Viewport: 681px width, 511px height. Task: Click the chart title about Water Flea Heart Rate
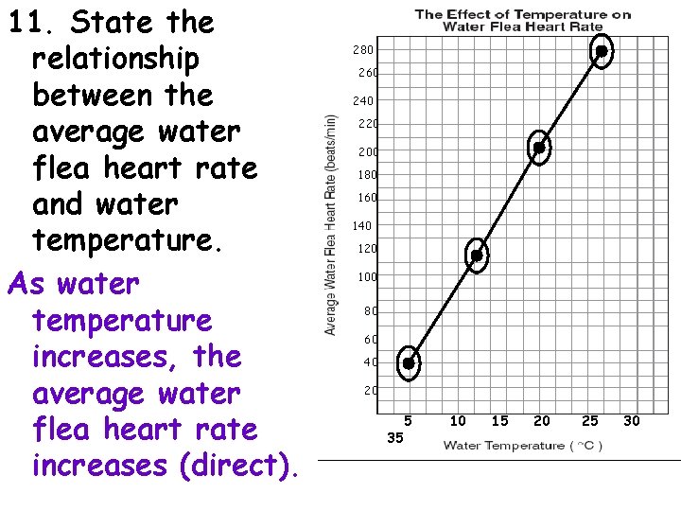pos(523,20)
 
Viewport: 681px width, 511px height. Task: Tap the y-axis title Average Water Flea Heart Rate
pos(331,224)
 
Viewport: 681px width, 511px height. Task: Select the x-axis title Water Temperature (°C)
pos(523,445)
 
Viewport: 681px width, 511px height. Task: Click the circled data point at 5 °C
pos(409,362)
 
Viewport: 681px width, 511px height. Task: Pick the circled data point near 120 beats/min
pos(478,255)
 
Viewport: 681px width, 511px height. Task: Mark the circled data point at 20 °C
pos(539,147)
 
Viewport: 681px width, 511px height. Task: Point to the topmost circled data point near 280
pos(601,51)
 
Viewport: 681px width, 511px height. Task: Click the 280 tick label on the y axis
pos(363,49)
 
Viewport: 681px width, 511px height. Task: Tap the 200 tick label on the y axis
pos(367,151)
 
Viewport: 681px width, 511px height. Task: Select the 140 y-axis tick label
pos(363,226)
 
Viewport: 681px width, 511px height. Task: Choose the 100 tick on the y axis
pos(367,277)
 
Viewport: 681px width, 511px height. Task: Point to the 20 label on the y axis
pos(371,390)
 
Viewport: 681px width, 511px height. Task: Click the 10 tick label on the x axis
pos(458,420)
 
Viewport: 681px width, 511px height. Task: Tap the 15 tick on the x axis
pos(499,420)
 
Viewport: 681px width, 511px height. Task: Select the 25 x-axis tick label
pos(590,420)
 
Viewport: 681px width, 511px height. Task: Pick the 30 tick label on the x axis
pos(632,420)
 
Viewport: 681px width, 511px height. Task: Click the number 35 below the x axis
pos(395,438)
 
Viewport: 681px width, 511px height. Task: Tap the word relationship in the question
pos(115,59)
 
